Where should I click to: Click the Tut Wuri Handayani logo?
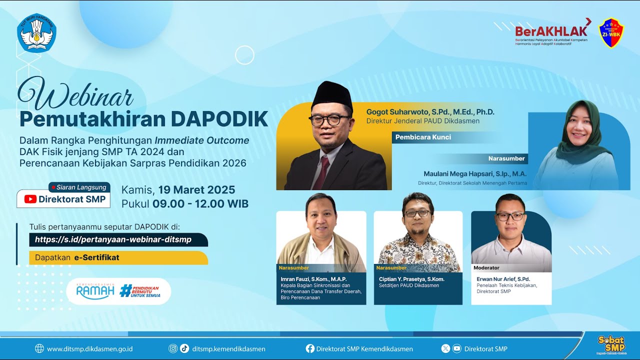36,33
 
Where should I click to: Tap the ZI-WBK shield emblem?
611,33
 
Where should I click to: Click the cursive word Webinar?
76,95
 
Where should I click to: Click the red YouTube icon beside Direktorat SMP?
30,199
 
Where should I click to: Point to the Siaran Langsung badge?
78,187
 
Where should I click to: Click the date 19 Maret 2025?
196,190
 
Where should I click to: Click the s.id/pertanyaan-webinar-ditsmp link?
113,239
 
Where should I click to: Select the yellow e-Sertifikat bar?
112,258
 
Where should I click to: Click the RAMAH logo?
95,291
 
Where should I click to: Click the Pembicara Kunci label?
423,137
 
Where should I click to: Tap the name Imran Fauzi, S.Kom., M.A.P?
313,279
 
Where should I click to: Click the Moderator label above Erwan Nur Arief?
486,268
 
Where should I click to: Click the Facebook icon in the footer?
310,349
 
